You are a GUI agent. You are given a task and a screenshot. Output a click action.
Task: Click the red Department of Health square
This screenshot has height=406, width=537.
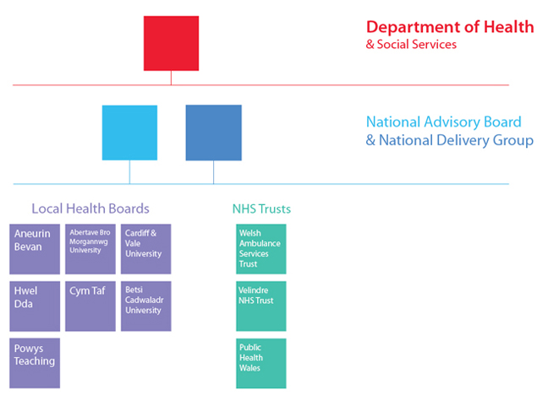click(x=171, y=43)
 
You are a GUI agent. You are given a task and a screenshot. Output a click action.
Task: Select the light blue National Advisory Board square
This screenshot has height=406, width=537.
click(x=129, y=133)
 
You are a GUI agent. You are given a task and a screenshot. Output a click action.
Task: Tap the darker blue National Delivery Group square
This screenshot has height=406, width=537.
click(x=214, y=133)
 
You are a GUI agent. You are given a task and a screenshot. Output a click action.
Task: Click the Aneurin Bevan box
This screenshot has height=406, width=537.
click(x=35, y=249)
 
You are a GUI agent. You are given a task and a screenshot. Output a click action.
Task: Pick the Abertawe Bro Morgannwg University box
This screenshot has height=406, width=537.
click(x=90, y=249)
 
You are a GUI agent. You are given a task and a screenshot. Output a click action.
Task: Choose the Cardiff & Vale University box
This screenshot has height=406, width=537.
click(x=146, y=249)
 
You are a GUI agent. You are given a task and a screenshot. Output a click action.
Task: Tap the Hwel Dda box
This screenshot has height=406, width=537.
click(x=35, y=306)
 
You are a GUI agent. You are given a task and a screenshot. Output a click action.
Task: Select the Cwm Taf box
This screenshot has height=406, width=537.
click(x=90, y=306)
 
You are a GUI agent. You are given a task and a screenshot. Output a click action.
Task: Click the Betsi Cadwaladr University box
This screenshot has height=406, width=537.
click(x=146, y=306)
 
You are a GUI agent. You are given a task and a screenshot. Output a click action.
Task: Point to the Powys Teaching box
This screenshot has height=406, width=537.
click(x=35, y=363)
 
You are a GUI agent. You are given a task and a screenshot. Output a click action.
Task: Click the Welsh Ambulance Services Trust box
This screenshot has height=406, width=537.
click(x=261, y=249)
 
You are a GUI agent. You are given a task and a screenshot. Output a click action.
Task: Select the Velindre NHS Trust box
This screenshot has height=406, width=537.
click(x=261, y=306)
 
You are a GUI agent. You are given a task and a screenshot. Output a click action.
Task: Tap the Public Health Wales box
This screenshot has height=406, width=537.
click(x=261, y=363)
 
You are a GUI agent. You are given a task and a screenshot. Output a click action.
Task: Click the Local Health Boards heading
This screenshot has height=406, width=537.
click(x=90, y=208)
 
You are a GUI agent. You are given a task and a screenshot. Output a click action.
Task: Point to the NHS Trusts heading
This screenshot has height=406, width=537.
click(x=261, y=208)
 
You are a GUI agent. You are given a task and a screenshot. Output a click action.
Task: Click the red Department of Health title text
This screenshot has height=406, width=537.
click(x=450, y=27)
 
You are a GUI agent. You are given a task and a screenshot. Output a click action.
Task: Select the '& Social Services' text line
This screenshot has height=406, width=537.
click(x=411, y=45)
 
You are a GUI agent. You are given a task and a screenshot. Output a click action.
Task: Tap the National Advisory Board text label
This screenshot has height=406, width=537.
click(x=444, y=122)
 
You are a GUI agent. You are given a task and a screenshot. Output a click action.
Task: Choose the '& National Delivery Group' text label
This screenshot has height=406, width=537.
click(x=449, y=140)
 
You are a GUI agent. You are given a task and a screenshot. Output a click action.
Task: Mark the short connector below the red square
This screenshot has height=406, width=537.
click(x=171, y=78)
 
